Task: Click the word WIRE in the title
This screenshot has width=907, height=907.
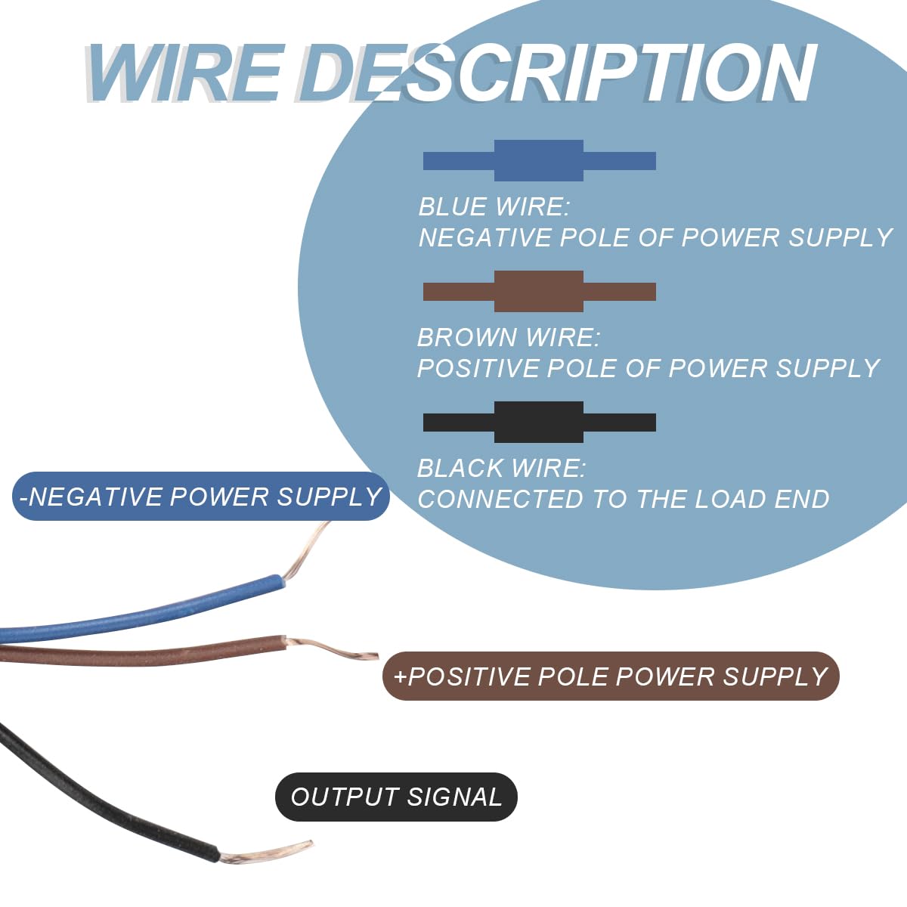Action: point(184,73)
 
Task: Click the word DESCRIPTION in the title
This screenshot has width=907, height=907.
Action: point(556,73)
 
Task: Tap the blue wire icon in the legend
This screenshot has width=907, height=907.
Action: point(540,160)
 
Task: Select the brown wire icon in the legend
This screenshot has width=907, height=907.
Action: point(540,291)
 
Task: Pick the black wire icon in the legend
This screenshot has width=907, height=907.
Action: point(540,423)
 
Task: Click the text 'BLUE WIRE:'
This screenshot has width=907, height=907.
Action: point(494,207)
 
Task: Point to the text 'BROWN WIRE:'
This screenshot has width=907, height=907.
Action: point(509,337)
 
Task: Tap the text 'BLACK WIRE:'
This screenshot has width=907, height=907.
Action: point(502,469)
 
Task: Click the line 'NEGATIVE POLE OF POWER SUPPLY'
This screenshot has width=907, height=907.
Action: point(655,237)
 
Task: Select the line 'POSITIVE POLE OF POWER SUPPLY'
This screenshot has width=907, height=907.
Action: point(649,368)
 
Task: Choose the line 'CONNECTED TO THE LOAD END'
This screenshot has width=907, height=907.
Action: point(623,499)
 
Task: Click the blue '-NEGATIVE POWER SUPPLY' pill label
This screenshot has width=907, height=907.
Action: point(201,496)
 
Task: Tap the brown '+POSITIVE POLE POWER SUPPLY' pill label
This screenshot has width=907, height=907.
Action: point(611,676)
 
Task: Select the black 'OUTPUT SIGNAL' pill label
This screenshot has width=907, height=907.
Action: point(396,797)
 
